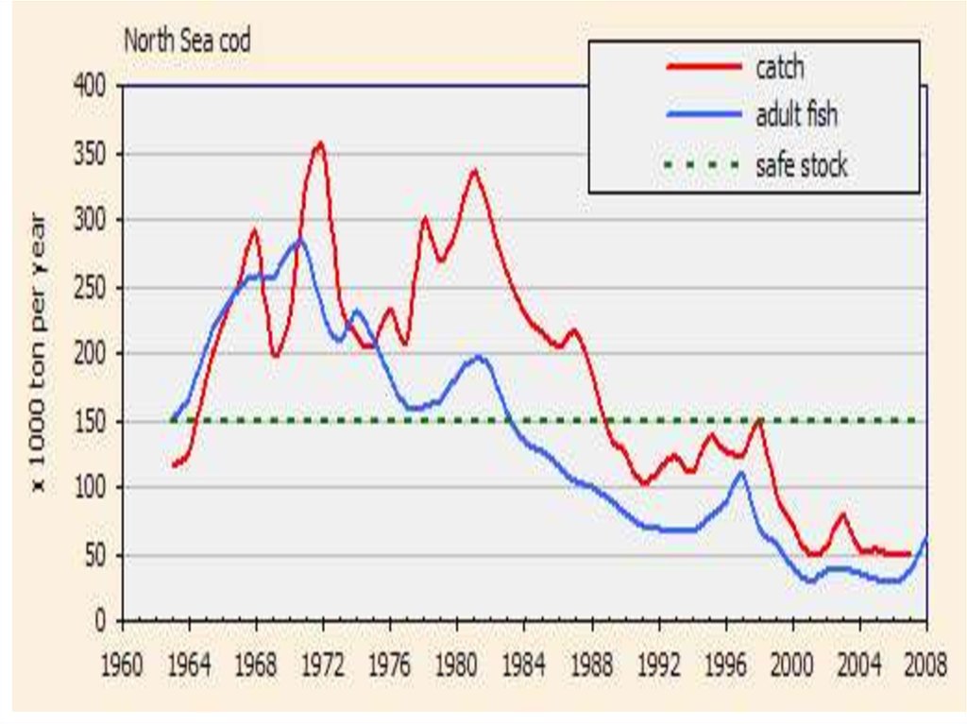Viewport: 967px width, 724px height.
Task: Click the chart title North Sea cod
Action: [188, 42]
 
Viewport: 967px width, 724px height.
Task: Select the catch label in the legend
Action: [779, 68]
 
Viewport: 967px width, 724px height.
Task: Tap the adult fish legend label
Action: [796, 116]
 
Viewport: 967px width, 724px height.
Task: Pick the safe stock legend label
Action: [801, 166]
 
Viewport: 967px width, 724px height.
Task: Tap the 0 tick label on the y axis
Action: [105, 622]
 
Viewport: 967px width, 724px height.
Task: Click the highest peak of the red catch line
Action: [320, 143]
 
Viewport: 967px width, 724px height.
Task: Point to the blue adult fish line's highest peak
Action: [299, 240]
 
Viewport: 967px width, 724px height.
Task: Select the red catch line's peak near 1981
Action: [474, 171]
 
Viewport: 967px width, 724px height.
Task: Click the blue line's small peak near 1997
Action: [741, 473]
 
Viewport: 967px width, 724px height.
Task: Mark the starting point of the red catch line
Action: [174, 465]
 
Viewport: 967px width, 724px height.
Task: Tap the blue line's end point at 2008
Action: [926, 537]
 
